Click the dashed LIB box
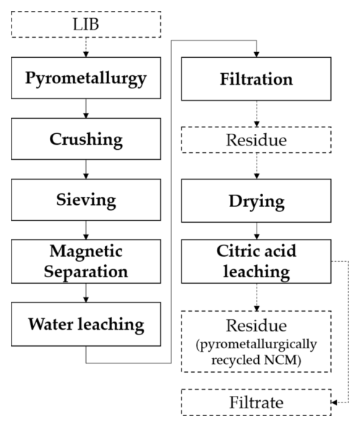[86, 24]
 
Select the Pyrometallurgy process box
[86, 78]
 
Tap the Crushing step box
[86, 139]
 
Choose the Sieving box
[86, 200]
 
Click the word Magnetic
[86, 251]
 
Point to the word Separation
[86, 271]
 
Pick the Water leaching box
[86, 324]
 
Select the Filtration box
[257, 79]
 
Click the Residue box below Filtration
[257, 140]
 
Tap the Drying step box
[257, 200]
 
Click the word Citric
[234, 251]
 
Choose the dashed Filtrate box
[257, 402]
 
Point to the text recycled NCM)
[257, 360]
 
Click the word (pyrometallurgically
[257, 344]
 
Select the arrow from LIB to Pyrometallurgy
[86, 47]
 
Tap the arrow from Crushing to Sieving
[86, 169]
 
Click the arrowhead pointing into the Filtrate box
[334, 402]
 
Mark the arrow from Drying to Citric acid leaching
[257, 231]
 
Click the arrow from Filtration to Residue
[257, 114]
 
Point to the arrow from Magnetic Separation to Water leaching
[86, 292]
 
